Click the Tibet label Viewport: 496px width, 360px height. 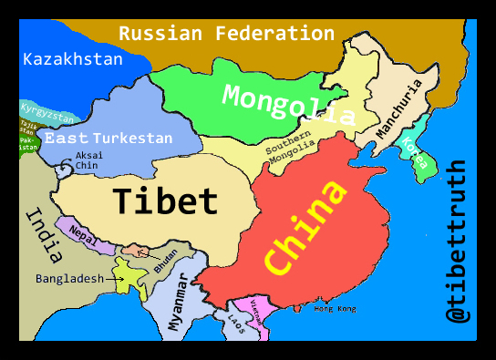165,201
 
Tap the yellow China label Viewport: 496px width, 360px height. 307,227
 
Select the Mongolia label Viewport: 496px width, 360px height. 288,104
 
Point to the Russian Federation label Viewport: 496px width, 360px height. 226,34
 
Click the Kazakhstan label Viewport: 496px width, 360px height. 72,60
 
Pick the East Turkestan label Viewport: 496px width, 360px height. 108,139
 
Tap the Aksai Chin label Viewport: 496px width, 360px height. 88,160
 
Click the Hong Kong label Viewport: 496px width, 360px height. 335,309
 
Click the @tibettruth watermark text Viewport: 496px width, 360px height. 457,242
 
